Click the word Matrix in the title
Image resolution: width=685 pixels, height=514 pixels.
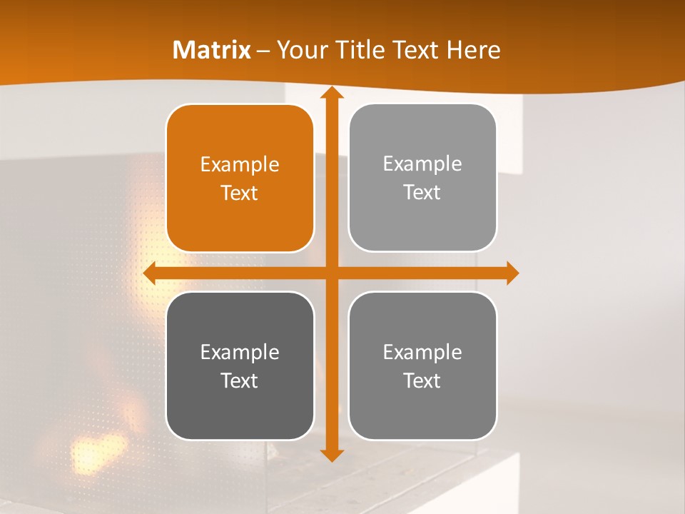click(x=212, y=50)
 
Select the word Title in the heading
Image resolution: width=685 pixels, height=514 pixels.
click(x=355, y=50)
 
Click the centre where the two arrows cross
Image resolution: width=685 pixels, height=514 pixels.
click(x=331, y=273)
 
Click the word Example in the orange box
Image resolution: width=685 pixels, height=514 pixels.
click(x=240, y=165)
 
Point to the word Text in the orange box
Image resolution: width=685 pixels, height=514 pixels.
click(x=240, y=193)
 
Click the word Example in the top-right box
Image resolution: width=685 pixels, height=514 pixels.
click(x=422, y=164)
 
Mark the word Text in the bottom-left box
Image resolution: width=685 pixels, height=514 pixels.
click(x=240, y=381)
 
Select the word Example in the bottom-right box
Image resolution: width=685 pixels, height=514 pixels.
click(x=422, y=352)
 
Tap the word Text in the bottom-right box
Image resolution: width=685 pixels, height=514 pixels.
click(x=422, y=381)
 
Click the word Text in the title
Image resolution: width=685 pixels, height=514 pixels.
click(x=415, y=50)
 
